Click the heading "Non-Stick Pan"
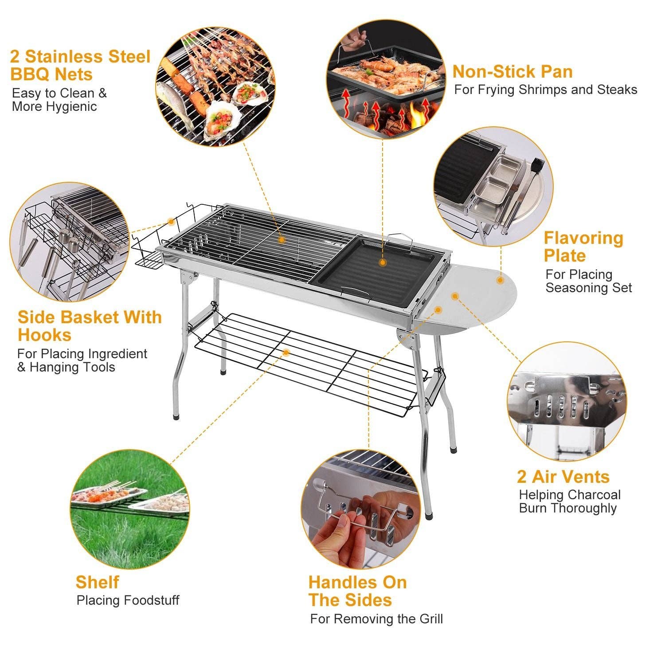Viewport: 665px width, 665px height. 512,72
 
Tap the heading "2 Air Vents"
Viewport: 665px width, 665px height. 563,477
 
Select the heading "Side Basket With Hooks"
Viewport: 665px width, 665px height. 90,326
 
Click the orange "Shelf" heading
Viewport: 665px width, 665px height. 97,582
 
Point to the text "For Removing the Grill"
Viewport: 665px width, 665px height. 376,619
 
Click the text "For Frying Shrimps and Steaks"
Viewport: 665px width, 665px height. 545,90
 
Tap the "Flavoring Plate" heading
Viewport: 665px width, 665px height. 583,247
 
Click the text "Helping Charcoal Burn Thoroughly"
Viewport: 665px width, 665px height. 569,501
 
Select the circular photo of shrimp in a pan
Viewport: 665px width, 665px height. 386,80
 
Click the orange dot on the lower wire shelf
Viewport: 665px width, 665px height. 286,352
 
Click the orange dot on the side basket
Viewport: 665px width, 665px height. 171,221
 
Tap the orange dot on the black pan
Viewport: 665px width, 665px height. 383,262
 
